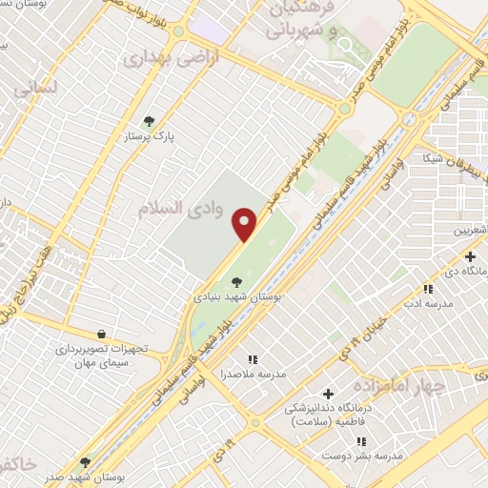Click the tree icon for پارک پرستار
[x=148, y=121]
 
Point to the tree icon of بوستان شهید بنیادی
[x=235, y=281]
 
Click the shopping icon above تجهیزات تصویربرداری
[x=102, y=334]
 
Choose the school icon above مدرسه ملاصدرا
[x=253, y=359]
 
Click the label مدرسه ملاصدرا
[x=254, y=374]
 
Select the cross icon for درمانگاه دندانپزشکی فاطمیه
[x=329, y=394]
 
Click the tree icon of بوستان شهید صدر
[x=85, y=462]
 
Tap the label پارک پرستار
[x=148, y=137]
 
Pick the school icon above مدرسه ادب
[x=427, y=289]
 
